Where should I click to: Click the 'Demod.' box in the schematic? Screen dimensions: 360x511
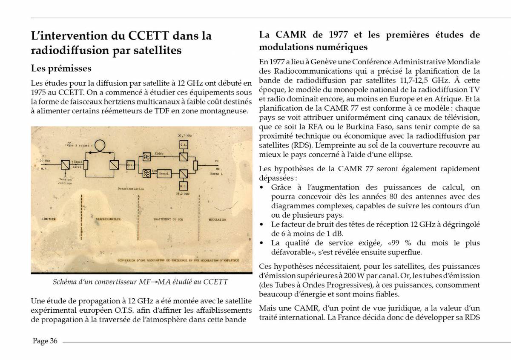point(164,174)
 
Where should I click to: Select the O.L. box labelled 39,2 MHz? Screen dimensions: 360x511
point(184,187)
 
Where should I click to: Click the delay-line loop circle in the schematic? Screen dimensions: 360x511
point(100,146)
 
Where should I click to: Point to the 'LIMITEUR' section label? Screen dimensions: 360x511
point(49,219)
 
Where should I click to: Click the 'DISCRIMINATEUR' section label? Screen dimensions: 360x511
point(106,219)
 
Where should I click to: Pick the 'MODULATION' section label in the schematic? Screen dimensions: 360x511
point(218,219)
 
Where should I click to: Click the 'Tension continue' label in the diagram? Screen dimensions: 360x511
point(65,181)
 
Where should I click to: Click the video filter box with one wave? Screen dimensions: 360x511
point(146,156)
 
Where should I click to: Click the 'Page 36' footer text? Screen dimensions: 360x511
point(45,341)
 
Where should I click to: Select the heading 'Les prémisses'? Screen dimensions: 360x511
point(61,68)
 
